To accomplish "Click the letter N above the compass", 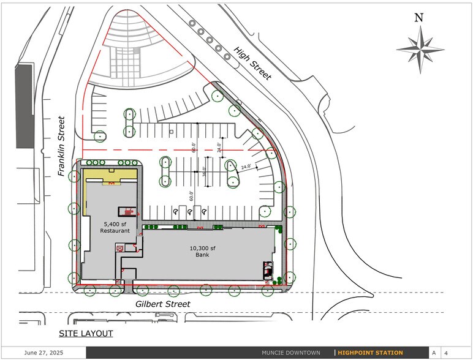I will click(419, 17).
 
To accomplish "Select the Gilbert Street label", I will click(162, 304).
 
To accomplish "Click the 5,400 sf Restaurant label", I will click(116, 227).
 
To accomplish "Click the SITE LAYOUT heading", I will click(86, 333).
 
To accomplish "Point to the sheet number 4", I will click(446, 353).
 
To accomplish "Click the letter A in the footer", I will click(434, 353).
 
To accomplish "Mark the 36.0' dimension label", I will click(204, 171).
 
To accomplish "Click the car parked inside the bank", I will click(268, 270).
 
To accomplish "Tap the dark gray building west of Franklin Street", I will click(24, 105).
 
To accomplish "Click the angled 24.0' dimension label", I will click(246, 167).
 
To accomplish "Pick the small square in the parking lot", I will click(172, 132).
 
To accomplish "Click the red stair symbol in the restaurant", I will click(129, 212).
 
